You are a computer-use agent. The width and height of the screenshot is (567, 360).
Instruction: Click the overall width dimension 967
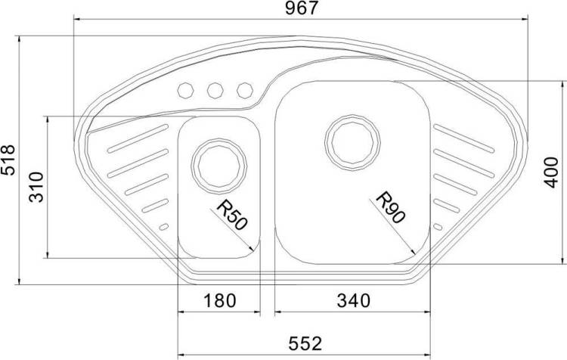pos(301,8)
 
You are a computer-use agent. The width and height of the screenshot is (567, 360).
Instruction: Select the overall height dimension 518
pos(8,160)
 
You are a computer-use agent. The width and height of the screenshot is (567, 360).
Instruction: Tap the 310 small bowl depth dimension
pos(36,187)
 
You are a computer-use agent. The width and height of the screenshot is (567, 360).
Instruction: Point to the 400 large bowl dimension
pos(551,172)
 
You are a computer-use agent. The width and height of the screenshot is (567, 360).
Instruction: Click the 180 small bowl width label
pos(220,300)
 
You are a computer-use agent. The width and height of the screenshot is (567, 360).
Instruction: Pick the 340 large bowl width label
pos(353,300)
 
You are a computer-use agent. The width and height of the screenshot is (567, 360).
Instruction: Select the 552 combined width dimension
pos(305,343)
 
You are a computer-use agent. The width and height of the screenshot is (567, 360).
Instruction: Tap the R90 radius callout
pos(391,207)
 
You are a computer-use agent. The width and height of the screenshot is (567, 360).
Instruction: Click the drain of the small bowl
pos(218,166)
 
